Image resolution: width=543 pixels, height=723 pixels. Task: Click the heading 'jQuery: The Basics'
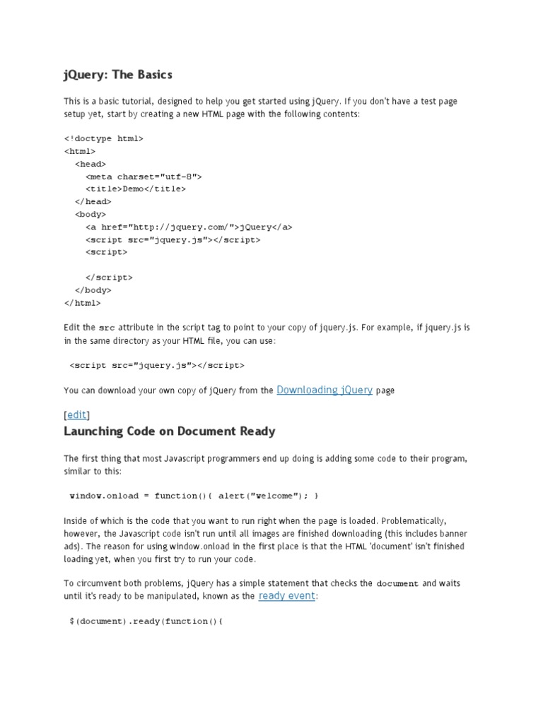118,74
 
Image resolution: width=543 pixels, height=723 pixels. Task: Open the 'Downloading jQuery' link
325,390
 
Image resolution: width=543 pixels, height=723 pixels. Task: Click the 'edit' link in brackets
77,414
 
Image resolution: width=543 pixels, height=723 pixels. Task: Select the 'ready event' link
287,596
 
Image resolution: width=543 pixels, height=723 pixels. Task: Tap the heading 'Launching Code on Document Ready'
170,431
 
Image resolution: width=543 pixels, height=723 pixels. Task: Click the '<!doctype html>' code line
103,138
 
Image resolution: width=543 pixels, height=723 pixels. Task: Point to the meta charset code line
144,177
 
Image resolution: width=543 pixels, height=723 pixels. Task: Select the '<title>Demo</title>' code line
136,189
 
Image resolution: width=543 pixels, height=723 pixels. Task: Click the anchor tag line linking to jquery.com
189,227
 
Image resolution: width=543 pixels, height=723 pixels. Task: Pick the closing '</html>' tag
83,303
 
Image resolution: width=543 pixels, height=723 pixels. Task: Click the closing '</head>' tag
93,202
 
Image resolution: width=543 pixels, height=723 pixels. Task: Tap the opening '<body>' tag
90,215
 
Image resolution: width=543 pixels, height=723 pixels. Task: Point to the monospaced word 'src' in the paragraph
107,328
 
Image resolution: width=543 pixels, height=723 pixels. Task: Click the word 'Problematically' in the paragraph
413,520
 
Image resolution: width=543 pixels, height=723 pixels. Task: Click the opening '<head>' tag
90,164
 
